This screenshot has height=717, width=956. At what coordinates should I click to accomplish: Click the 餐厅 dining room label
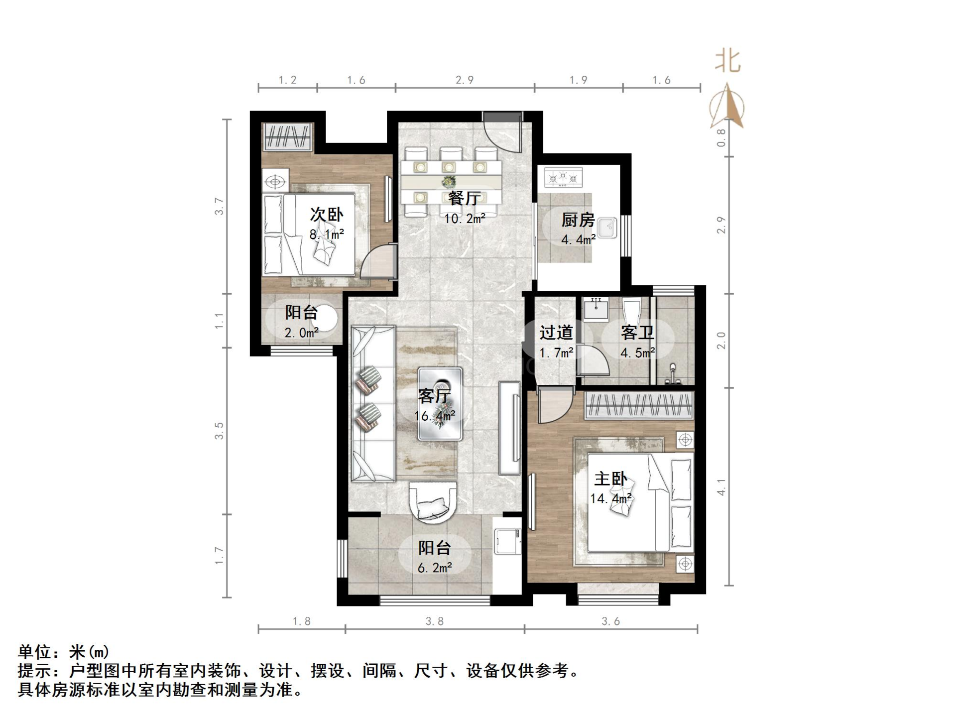(464, 199)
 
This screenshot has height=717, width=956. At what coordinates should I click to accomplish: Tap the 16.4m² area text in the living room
(434, 416)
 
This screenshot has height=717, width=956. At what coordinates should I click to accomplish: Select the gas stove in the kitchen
(563, 178)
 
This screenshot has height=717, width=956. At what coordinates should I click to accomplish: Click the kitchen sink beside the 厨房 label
(607, 229)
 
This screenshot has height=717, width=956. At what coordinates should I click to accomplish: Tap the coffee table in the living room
(440, 404)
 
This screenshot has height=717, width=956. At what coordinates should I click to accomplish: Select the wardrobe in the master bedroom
(639, 404)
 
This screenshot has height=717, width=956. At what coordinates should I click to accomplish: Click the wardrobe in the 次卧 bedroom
(288, 137)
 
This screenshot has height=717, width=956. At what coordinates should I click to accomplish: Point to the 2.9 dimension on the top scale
(464, 80)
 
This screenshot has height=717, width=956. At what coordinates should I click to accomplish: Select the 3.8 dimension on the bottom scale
(434, 621)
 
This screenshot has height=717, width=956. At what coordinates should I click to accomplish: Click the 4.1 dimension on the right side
(721, 486)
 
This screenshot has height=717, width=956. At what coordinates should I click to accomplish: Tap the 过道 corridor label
(556, 332)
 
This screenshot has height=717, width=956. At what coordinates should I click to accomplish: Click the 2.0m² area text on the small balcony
(301, 333)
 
